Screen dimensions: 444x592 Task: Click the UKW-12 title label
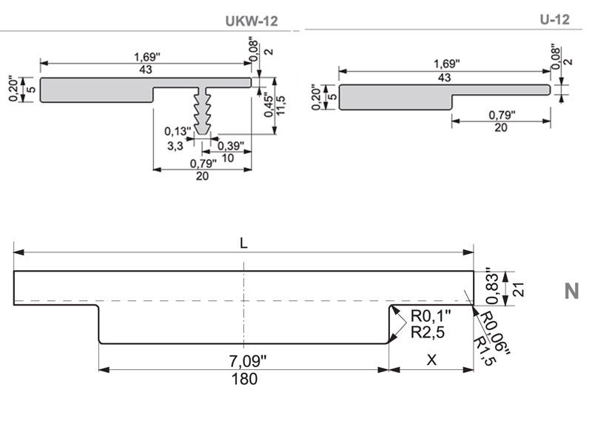[252, 21]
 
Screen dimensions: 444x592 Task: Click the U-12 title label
[554, 19]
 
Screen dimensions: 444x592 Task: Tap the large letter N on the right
[571, 291]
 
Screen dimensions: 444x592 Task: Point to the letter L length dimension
[243, 243]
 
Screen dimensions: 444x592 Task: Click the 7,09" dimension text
[245, 362]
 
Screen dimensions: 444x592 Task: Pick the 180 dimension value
[244, 379]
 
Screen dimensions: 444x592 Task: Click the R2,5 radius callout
[427, 333]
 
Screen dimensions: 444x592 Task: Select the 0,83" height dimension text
[490, 286]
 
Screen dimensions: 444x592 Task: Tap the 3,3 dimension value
[175, 146]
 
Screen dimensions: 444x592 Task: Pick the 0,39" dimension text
[231, 146]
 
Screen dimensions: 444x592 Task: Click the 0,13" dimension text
[178, 132]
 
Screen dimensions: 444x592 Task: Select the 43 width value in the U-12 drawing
[444, 78]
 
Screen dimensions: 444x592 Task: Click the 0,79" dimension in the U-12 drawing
[502, 115]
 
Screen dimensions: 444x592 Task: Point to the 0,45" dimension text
[267, 101]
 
